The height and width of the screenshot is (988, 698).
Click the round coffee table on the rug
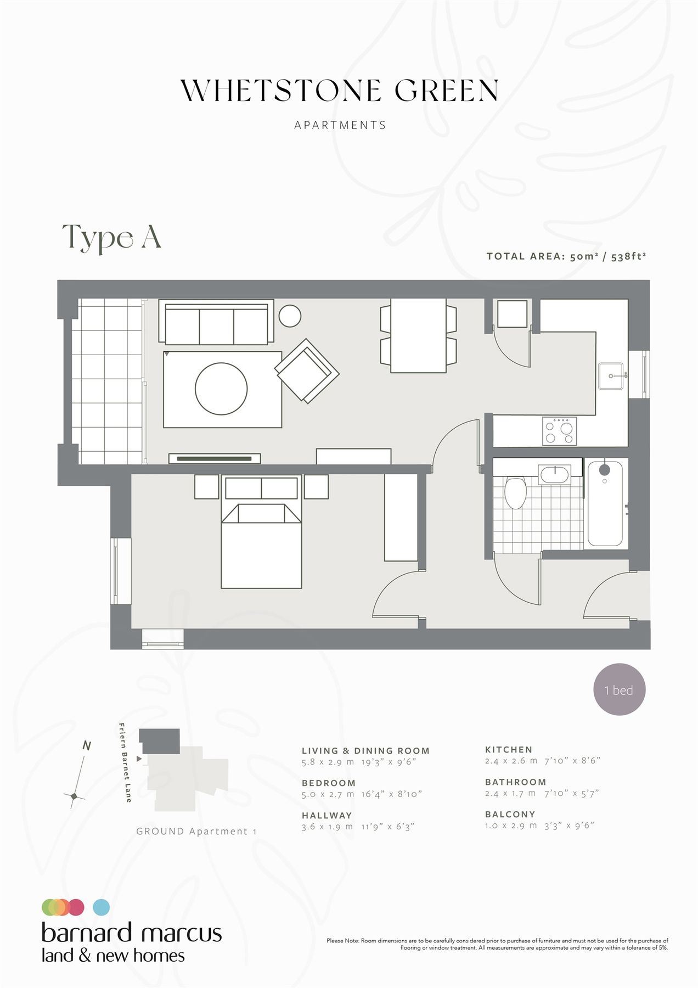coord(221,389)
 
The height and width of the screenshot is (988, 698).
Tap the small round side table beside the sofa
coord(290,316)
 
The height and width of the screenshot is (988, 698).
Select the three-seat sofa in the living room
coord(216,324)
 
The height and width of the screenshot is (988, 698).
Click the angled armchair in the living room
coord(307,370)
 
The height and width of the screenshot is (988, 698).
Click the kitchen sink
coord(610,376)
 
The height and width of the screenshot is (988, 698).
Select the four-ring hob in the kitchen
coord(559,431)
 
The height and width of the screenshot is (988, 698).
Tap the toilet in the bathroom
coord(515,492)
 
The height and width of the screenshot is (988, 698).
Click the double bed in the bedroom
coord(261,546)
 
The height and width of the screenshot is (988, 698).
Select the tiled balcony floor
coord(107,381)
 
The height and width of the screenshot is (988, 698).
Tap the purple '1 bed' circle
coord(620,690)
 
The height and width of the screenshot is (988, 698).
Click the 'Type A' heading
coord(111,238)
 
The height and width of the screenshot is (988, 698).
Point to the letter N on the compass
coord(86,746)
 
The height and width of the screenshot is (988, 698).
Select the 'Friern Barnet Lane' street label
coord(125,763)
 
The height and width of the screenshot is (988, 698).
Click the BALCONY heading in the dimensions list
coord(510,815)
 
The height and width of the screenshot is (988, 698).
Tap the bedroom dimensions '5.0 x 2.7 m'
coord(328,794)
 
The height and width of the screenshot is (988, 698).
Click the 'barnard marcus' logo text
coord(132,933)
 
